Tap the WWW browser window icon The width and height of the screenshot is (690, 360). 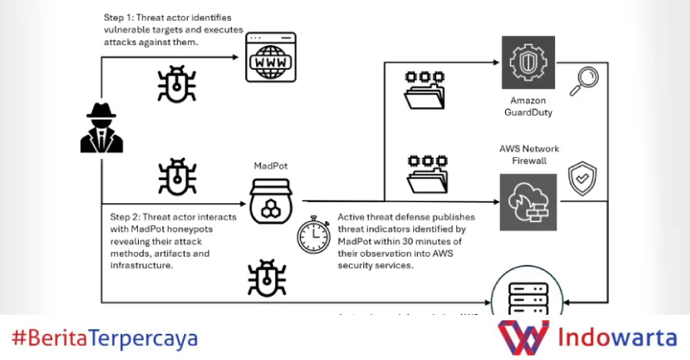point(270,59)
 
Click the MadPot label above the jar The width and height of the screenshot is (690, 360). point(271,166)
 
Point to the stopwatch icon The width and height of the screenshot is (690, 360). point(314,235)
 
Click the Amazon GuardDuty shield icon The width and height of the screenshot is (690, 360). point(528,62)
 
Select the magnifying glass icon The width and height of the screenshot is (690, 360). point(587,80)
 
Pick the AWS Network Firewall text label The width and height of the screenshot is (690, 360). point(529,154)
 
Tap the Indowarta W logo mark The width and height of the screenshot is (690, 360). point(523,338)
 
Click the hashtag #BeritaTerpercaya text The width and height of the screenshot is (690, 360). point(105,339)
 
